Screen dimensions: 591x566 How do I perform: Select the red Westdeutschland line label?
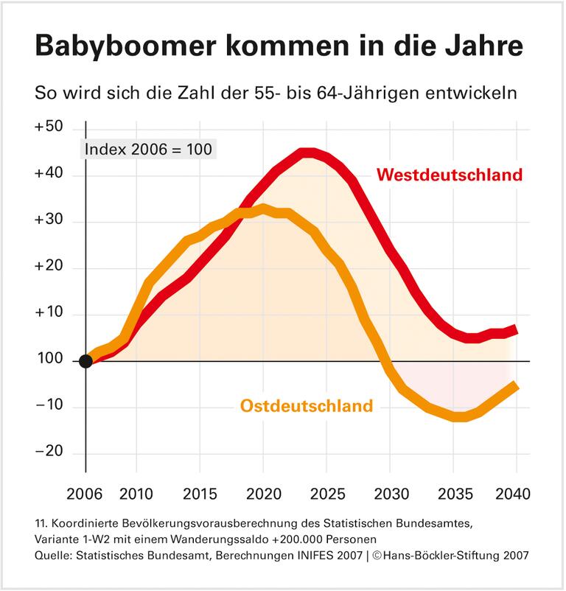(x=450, y=175)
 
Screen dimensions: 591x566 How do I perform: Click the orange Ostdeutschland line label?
(x=306, y=406)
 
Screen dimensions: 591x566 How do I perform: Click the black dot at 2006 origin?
(x=85, y=361)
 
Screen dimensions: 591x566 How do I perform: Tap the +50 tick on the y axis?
(x=49, y=127)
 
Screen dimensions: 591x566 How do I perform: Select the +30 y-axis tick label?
(x=49, y=221)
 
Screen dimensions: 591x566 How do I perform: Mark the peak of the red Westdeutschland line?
(x=308, y=153)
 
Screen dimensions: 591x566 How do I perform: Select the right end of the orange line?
(x=516, y=385)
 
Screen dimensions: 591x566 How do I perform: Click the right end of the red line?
(x=516, y=328)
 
